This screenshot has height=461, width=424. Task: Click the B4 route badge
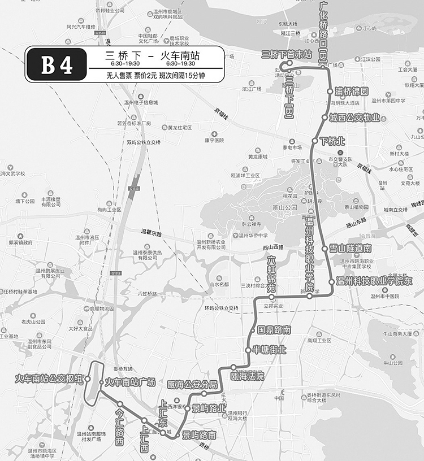(x=57, y=64)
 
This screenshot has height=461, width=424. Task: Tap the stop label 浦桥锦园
(x=351, y=91)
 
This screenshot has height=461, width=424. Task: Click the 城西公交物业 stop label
(x=354, y=118)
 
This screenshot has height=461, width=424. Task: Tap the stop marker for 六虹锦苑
(x=271, y=297)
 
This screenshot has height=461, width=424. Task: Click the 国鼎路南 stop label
(x=274, y=329)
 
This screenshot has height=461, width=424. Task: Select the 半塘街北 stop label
(x=269, y=350)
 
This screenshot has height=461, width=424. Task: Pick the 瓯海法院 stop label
(x=248, y=376)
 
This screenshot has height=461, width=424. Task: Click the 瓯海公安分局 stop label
(x=193, y=385)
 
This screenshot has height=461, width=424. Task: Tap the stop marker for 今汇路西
(x=120, y=404)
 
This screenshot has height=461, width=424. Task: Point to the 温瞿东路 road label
(x=151, y=233)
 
